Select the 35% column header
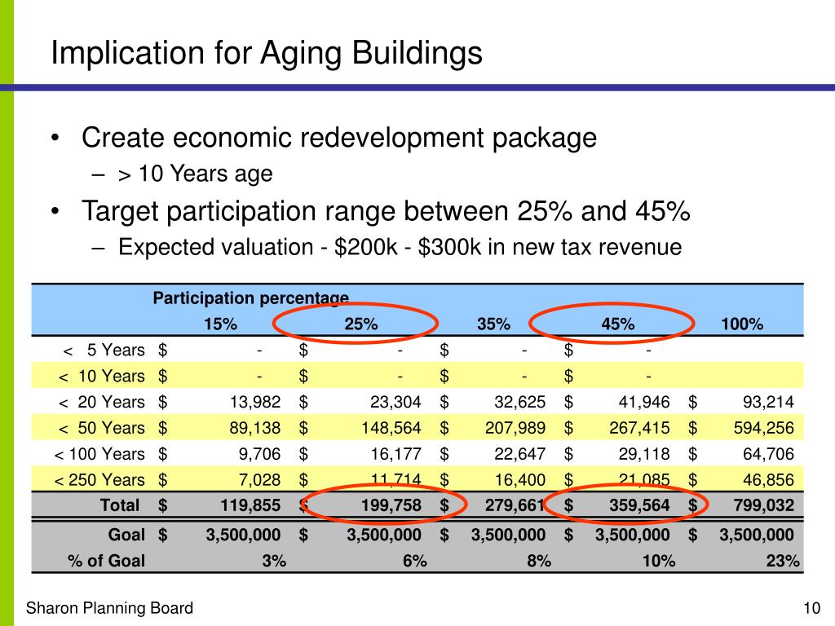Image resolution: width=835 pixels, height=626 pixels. [493, 324]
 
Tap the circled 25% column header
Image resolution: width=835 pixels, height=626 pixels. [361, 324]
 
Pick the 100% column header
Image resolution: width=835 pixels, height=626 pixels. [742, 324]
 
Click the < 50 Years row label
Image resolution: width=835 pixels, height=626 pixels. [101, 428]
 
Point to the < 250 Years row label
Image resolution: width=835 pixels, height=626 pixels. [99, 479]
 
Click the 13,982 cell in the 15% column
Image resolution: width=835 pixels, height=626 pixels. [255, 402]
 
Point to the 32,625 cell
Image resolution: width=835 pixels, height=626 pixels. [519, 402]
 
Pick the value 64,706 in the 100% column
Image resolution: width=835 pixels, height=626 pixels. [766, 454]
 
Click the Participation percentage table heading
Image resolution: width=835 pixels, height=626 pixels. [250, 299]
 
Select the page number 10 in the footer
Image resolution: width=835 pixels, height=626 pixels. [810, 608]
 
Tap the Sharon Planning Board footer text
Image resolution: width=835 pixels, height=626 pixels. [110, 608]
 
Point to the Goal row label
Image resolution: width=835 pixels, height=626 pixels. [126, 535]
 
